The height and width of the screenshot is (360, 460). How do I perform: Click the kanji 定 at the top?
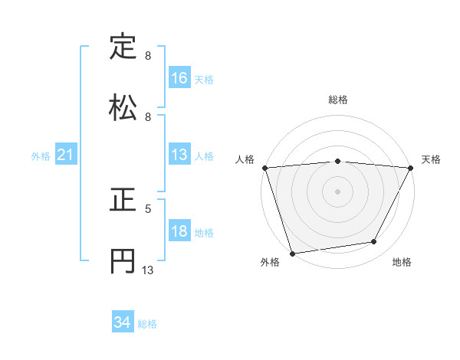point(123,47)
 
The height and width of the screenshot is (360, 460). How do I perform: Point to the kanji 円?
point(123,260)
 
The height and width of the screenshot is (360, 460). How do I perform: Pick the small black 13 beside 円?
point(148,270)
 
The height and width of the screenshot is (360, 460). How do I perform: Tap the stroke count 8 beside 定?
point(148,56)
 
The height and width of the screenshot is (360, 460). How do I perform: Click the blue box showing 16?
point(179,77)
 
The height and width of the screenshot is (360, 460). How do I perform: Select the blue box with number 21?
point(65,155)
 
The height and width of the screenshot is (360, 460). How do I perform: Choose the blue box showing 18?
point(179,231)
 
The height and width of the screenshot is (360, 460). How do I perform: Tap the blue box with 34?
point(122,322)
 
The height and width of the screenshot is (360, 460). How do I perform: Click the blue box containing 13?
point(179,155)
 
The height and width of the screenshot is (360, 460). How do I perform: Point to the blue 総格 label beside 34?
point(147,324)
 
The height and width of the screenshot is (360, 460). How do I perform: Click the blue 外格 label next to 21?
point(41,156)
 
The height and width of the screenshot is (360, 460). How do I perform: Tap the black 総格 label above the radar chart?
point(337,100)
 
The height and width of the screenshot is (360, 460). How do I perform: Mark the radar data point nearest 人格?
point(264,168)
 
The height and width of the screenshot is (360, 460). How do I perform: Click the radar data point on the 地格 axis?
point(374,242)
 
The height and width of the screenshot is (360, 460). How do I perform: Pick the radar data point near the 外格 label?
point(292,253)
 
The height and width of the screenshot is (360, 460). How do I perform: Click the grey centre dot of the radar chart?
point(337,191)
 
